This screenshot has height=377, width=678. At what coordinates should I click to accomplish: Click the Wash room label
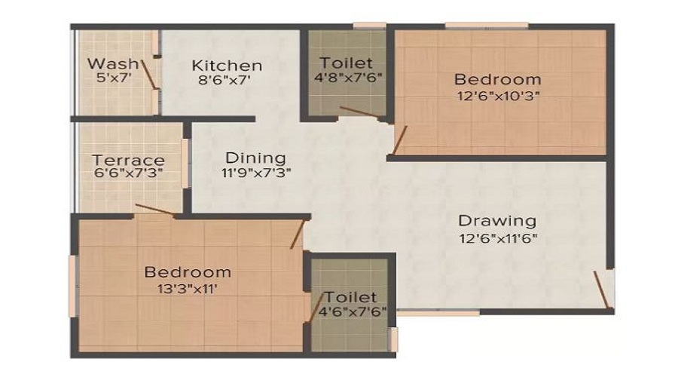click(x=113, y=64)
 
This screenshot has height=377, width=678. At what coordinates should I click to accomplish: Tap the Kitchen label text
click(x=227, y=66)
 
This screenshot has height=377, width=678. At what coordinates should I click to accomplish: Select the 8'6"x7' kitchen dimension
click(x=224, y=80)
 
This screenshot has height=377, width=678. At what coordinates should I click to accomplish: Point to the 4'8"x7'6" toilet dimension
click(x=348, y=78)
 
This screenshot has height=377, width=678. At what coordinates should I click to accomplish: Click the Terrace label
click(x=128, y=160)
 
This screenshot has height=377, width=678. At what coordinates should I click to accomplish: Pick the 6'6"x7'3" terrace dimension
click(x=128, y=173)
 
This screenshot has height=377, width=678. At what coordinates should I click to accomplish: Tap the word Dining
click(x=255, y=158)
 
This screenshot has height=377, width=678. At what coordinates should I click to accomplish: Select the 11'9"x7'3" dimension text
click(x=256, y=173)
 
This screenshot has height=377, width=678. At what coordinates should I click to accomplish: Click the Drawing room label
click(x=497, y=221)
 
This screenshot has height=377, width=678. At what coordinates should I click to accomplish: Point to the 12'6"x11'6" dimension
click(x=498, y=238)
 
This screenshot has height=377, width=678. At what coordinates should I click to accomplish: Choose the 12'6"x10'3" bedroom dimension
click(x=499, y=95)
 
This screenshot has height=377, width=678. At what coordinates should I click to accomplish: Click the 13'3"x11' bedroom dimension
click(x=188, y=288)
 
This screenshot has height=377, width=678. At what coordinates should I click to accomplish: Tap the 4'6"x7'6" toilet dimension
click(x=353, y=311)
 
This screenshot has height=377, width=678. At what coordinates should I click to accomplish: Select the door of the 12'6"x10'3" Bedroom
click(x=399, y=139)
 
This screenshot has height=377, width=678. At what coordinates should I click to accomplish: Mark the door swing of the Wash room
click(x=148, y=75)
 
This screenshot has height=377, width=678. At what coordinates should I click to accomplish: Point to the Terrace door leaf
click(x=154, y=209)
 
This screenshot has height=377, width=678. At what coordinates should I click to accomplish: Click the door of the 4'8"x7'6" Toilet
click(x=360, y=112)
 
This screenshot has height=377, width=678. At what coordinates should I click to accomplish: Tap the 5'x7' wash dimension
click(x=115, y=78)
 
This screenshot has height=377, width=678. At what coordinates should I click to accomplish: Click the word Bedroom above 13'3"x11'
click(x=188, y=272)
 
